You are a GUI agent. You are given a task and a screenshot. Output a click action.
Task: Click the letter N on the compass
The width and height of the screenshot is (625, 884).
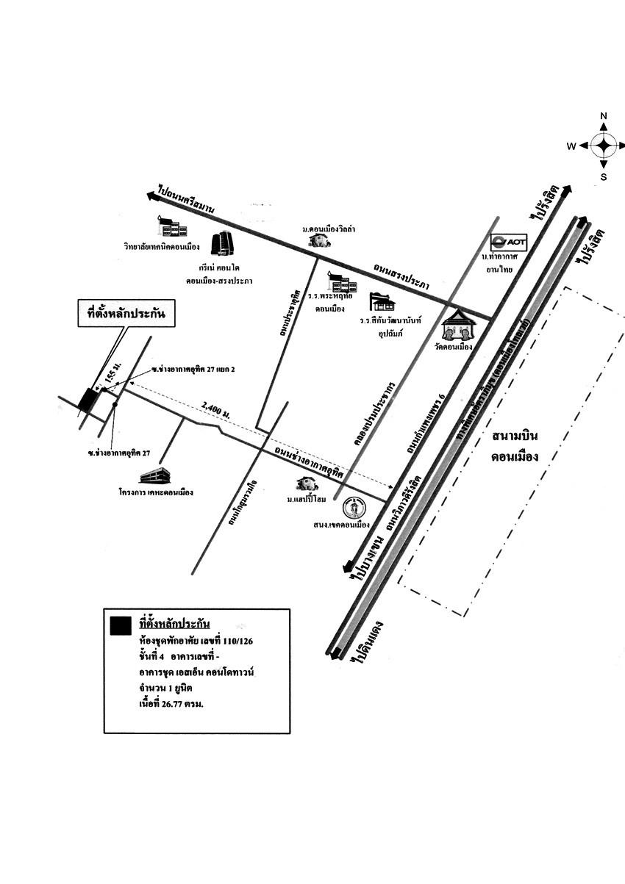[x=604, y=116]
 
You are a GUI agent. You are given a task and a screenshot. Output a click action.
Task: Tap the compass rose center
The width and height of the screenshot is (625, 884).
[x=604, y=145]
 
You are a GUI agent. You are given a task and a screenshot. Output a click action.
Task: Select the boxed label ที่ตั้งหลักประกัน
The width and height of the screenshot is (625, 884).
[x=126, y=316]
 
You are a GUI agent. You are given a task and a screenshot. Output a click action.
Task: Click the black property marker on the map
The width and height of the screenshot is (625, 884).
[x=88, y=400]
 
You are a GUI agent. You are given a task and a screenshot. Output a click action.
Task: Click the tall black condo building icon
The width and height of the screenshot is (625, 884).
[x=221, y=244]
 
